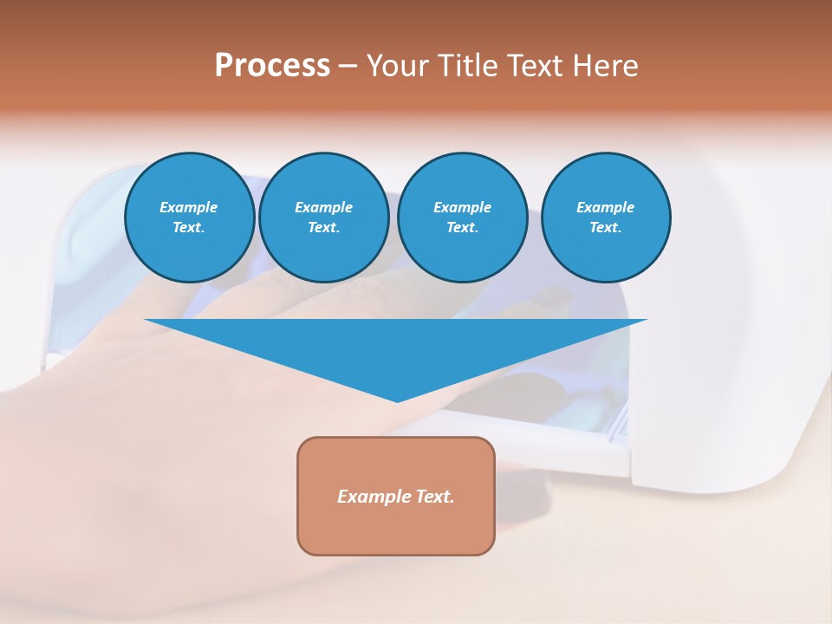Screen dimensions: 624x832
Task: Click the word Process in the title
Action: pos(272,66)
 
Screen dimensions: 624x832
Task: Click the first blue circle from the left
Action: pos(189,218)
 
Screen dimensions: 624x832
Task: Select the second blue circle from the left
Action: pos(323,218)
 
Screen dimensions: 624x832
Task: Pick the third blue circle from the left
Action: pos(462,218)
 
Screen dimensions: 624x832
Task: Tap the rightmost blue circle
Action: pos(605,218)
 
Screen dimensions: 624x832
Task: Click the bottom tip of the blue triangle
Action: pos(397,400)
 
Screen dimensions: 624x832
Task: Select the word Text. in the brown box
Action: pos(435,497)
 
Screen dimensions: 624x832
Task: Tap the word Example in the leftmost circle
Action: pos(189,207)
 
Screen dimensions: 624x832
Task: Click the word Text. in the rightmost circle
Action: pos(605,228)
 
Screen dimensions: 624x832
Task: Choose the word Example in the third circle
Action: pos(462,207)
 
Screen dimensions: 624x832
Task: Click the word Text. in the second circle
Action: pos(323,228)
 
